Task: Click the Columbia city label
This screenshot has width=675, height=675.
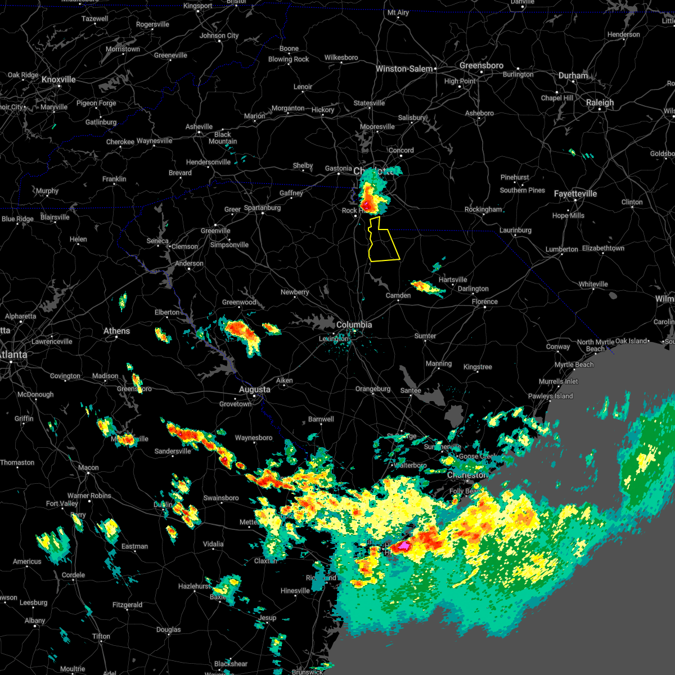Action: coord(354,325)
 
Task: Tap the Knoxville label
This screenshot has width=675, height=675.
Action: coord(58,79)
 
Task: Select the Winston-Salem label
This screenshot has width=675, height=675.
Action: coord(404,69)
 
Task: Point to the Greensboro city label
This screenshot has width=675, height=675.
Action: coord(481,65)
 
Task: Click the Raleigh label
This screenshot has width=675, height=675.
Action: coord(600,102)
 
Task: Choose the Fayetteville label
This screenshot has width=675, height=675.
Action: coord(575,193)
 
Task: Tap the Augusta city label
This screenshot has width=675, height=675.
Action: coord(254,389)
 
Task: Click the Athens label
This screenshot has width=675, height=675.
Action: coord(116,331)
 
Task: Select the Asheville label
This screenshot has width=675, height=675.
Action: coord(199,127)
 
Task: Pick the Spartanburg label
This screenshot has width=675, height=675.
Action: coord(262,208)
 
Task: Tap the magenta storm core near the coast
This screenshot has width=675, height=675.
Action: coord(403,545)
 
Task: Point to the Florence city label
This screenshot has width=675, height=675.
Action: coord(484,301)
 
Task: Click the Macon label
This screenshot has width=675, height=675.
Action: coord(88,467)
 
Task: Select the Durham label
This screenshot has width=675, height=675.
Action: coord(573,75)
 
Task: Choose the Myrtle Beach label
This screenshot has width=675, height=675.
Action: coord(574,364)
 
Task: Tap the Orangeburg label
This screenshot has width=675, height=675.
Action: coord(372,389)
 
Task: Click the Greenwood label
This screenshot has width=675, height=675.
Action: coord(239,302)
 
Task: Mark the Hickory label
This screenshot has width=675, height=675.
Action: coord(323,110)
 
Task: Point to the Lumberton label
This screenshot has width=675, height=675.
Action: coord(561,249)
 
